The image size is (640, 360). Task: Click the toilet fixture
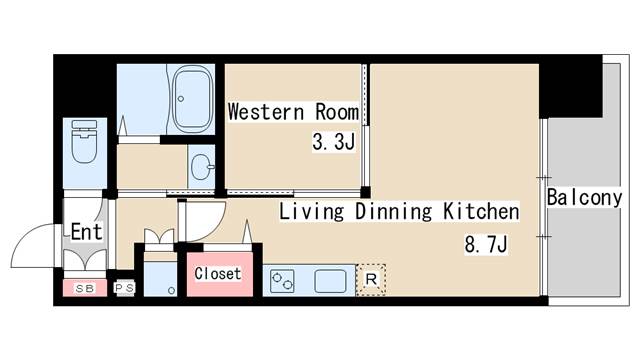84,141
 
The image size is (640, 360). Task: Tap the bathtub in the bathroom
192,98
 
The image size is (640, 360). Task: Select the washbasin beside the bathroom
202,167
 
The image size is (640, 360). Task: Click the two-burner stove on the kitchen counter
282,281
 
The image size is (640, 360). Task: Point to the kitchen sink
330,281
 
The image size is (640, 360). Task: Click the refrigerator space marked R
371,280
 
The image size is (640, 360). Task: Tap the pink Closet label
218,273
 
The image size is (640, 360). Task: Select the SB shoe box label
85,289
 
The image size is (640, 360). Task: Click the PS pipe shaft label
124,288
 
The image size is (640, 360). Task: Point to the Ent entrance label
86,232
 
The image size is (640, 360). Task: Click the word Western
266,112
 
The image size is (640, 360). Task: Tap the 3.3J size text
333,142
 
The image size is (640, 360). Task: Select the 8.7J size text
486,244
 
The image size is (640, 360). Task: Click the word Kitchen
481,211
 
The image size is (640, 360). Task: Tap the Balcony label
584,198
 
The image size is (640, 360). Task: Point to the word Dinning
393,211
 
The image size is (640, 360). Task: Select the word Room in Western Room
337,112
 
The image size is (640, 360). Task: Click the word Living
311,211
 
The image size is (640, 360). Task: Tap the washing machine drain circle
171,291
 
